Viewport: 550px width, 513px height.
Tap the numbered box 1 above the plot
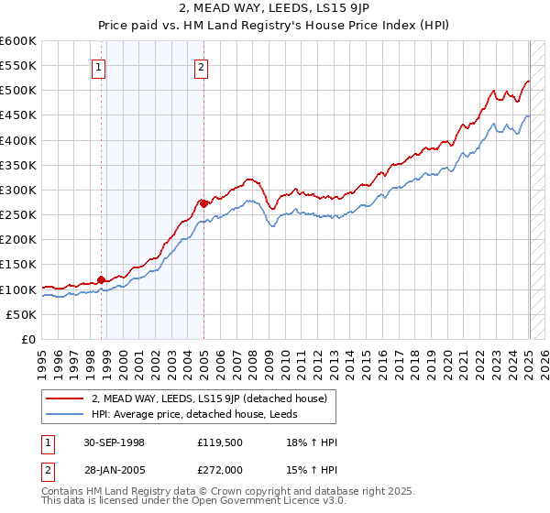tap(97, 65)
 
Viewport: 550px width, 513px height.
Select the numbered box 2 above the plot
tap(200, 65)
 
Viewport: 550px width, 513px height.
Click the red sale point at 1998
tap(101, 279)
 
